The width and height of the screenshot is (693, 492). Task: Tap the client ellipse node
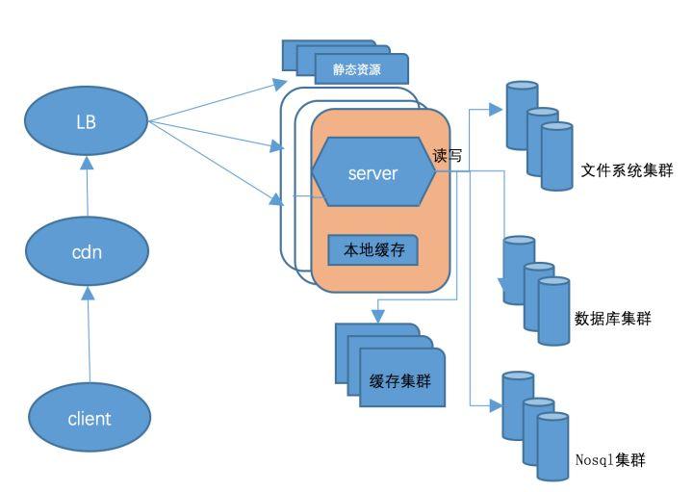coord(89,418)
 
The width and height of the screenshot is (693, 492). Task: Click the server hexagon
coord(371,172)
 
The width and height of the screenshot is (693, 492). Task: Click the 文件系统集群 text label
coord(626,171)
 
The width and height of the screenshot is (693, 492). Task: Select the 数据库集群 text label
coord(612,318)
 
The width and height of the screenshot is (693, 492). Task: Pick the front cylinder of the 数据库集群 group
coord(553,310)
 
